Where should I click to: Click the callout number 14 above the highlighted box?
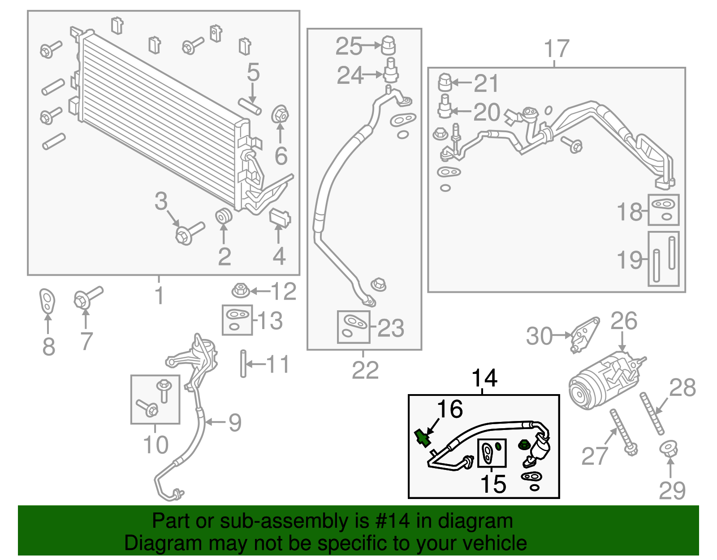click(x=484, y=378)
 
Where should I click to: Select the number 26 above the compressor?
click(x=624, y=321)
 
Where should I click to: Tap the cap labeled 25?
click(x=388, y=45)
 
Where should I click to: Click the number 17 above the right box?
click(x=556, y=48)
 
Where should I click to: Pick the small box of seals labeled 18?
click(x=663, y=209)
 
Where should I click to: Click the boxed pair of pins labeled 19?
click(x=663, y=259)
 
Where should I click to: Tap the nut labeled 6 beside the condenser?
click(x=280, y=115)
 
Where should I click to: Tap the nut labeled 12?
click(x=240, y=290)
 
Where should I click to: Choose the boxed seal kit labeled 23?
click(x=353, y=327)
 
